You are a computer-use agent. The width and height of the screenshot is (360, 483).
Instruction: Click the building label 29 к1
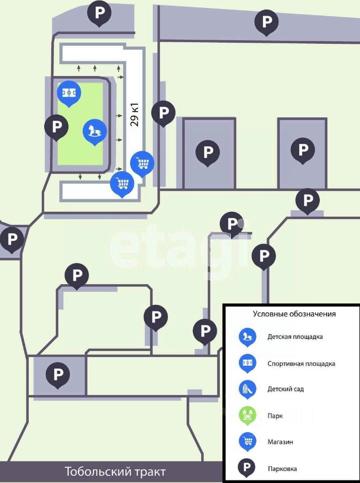coord(134,114)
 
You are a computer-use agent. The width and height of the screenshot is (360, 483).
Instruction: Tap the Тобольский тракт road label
coord(115,472)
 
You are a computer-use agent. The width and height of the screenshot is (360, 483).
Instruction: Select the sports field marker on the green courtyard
coord(69,92)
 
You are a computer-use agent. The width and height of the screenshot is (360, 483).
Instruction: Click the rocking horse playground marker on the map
coord(95,131)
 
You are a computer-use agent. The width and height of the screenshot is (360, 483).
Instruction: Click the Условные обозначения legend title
coord(294,314)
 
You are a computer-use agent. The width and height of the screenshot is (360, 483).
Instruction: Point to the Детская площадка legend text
coord(295,337)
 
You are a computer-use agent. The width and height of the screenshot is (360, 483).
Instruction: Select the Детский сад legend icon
coord(247,389)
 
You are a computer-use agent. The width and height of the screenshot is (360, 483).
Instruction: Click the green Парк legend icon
coord(247,416)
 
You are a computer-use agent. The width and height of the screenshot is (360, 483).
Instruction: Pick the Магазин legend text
coord(281,442)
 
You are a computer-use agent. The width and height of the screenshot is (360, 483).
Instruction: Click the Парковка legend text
coord(282,468)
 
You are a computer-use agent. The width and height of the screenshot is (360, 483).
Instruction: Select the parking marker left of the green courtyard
coord(56,126)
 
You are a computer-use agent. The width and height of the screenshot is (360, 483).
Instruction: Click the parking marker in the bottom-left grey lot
coord(58,374)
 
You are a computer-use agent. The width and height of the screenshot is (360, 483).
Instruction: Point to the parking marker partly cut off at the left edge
coord(12,238)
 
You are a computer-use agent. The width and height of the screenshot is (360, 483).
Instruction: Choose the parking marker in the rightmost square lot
coord(303,149)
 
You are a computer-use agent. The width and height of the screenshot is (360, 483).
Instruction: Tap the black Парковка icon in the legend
coord(247,468)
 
